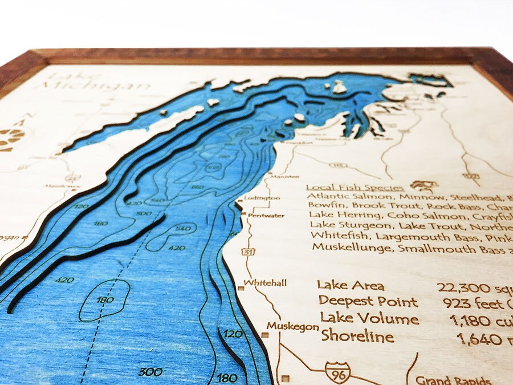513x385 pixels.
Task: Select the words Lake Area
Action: pyautogui.click(x=351, y=286)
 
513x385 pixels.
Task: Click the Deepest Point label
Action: pyautogui.click(x=368, y=301)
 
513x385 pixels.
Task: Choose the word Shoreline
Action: pyautogui.click(x=357, y=336)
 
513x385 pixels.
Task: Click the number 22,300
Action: pyautogui.click(x=460, y=287)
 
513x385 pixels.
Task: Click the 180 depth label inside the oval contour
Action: pyautogui.click(x=104, y=299)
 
